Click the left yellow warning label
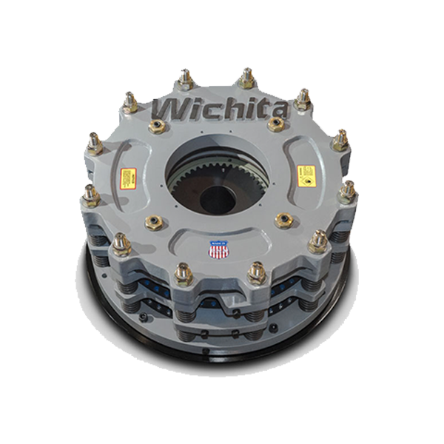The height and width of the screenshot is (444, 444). tap(128, 178)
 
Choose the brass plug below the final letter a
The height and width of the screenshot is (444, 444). tap(279, 127)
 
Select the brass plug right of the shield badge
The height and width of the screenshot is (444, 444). tap(282, 220)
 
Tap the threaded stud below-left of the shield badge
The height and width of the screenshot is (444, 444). tap(183, 272)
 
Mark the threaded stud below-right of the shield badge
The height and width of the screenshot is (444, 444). tap(255, 271)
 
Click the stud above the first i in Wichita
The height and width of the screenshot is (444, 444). tap(184, 77)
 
